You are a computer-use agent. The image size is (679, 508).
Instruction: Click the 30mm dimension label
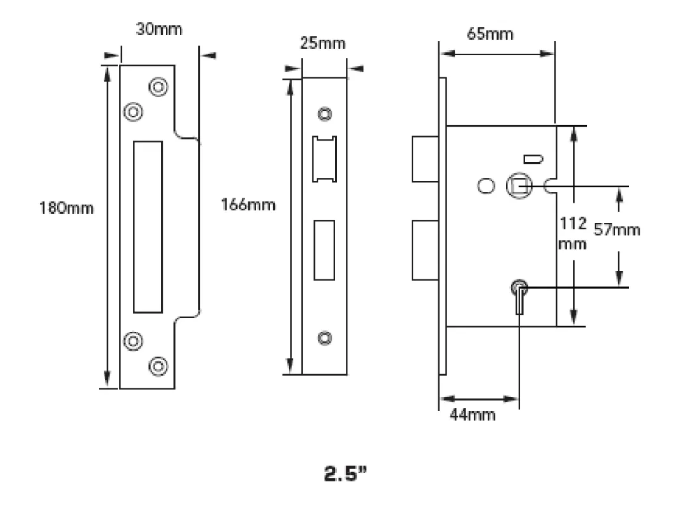pyautogui.click(x=159, y=30)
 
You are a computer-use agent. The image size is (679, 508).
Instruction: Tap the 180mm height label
pyautogui.click(x=67, y=208)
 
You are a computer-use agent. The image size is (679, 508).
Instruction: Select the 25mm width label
pyautogui.click(x=323, y=44)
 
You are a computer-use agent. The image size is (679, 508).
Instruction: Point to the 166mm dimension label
pyautogui.click(x=249, y=205)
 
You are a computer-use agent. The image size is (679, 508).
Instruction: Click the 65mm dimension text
pyautogui.click(x=490, y=34)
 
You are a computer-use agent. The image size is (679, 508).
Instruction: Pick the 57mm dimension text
pyautogui.click(x=616, y=229)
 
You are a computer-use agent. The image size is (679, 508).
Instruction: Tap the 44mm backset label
pyautogui.click(x=473, y=415)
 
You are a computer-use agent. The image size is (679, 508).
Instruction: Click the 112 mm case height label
pyautogui.click(x=573, y=233)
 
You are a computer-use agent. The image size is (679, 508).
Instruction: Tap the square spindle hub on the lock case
pyautogui.click(x=517, y=186)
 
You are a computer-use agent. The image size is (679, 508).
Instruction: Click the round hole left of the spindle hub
pyautogui.click(x=486, y=186)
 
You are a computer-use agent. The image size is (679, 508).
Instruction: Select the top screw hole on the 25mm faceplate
pyautogui.click(x=326, y=114)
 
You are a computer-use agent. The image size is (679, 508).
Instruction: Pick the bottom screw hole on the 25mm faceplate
pyautogui.click(x=326, y=338)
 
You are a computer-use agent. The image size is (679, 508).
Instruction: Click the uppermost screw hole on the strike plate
pyautogui.click(x=158, y=87)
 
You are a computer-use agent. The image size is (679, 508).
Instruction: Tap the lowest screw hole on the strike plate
pyautogui.click(x=157, y=365)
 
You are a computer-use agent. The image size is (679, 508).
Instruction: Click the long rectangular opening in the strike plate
pyautogui.click(x=148, y=227)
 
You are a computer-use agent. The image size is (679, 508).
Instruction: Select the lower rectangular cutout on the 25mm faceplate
pyautogui.click(x=325, y=250)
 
